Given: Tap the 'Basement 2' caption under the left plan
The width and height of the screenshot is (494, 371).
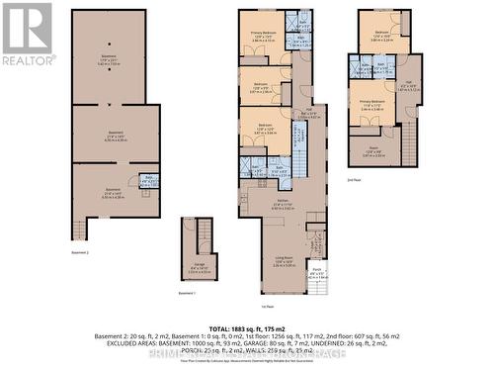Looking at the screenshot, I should (80, 252).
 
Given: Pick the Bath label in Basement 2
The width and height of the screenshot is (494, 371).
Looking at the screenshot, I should (149, 179).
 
